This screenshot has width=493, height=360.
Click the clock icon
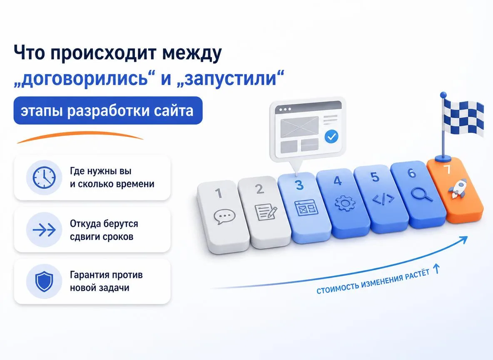(x=44, y=177)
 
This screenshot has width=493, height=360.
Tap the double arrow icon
(x=44, y=230)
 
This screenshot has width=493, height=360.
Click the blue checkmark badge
(x=331, y=137)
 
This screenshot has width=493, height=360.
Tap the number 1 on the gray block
(x=219, y=193)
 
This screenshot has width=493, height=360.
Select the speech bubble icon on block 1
(x=224, y=217)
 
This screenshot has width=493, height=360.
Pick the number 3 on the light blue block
(x=300, y=185)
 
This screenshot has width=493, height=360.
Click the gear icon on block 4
(x=345, y=203)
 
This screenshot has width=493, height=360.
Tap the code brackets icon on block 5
(x=383, y=199)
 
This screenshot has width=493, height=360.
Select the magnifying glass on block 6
(x=422, y=194)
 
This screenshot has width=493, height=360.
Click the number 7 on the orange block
(x=447, y=170)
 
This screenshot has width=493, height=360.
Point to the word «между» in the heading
(x=192, y=53)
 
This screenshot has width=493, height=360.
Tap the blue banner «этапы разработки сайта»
(x=108, y=110)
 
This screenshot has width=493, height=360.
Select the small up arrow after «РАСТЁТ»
(x=436, y=269)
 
